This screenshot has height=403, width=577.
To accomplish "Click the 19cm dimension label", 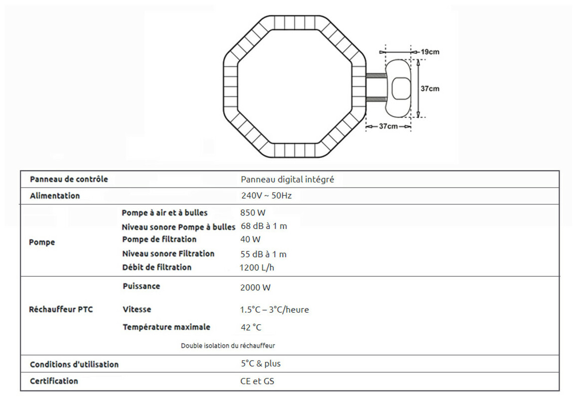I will tap(430, 52).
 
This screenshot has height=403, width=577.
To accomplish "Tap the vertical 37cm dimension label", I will tap(430, 89).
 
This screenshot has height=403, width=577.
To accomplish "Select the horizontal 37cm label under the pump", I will tap(388, 127).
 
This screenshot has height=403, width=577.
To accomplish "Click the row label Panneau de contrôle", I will tap(69, 180).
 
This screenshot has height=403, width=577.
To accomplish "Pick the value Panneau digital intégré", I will tap(288, 180).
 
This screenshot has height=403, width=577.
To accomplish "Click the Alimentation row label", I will tap(55, 196).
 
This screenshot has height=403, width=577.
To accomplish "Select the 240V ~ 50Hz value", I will tap(266, 196).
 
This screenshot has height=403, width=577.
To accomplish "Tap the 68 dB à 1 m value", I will tap(264, 226).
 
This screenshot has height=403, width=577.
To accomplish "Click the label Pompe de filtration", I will tap(159, 239).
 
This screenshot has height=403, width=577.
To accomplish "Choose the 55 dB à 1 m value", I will tap(264, 254).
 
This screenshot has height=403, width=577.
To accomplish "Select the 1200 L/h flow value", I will tap(257, 268).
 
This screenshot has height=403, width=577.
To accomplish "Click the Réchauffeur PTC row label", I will tap(61, 310).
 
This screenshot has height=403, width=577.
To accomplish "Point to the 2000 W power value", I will tap(256, 288).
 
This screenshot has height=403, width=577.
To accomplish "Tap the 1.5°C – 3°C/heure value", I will tap(275, 310).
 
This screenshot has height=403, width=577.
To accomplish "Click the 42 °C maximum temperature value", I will tap(251, 328).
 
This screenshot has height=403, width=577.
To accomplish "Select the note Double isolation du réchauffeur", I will tap(228, 345).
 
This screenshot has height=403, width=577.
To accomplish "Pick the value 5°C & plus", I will tap(261, 364).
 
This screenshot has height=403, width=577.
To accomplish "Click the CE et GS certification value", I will tap(257, 382).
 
